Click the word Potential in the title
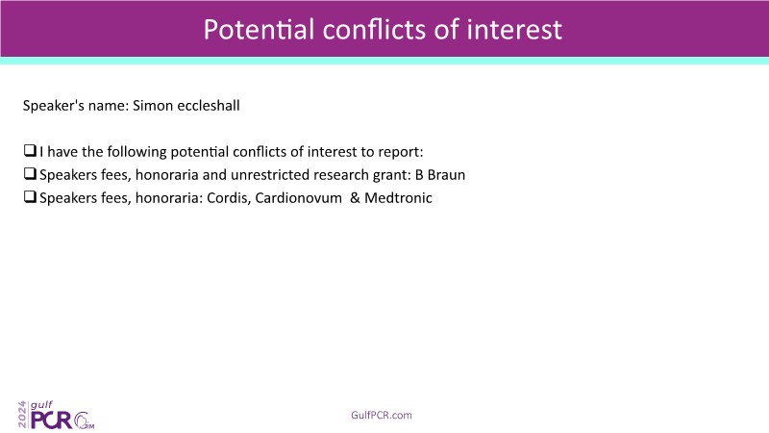(x=259, y=29)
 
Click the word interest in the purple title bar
(x=513, y=29)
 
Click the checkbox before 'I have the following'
(x=30, y=150)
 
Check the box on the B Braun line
(x=30, y=173)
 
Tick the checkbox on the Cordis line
(x=30, y=196)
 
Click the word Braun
(x=446, y=175)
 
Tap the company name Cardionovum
(x=298, y=198)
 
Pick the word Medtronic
(x=398, y=198)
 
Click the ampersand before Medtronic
(x=355, y=198)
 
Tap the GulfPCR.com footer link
(x=382, y=415)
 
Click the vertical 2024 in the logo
(x=22, y=415)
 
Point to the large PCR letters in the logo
(x=51, y=420)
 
